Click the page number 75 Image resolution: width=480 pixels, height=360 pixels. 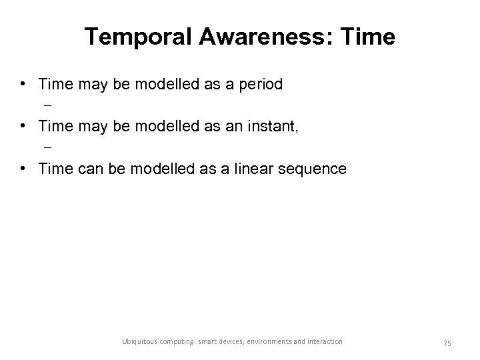click(447, 342)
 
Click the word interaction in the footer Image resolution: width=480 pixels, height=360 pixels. click(325, 341)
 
